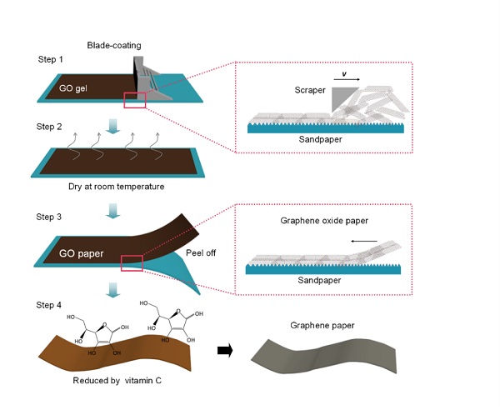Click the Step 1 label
(51, 62)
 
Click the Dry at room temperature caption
(117, 187)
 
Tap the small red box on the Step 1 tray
(135, 101)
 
